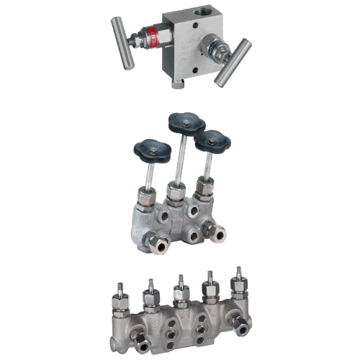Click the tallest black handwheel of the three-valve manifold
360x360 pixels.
pyautogui.click(x=183, y=123)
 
